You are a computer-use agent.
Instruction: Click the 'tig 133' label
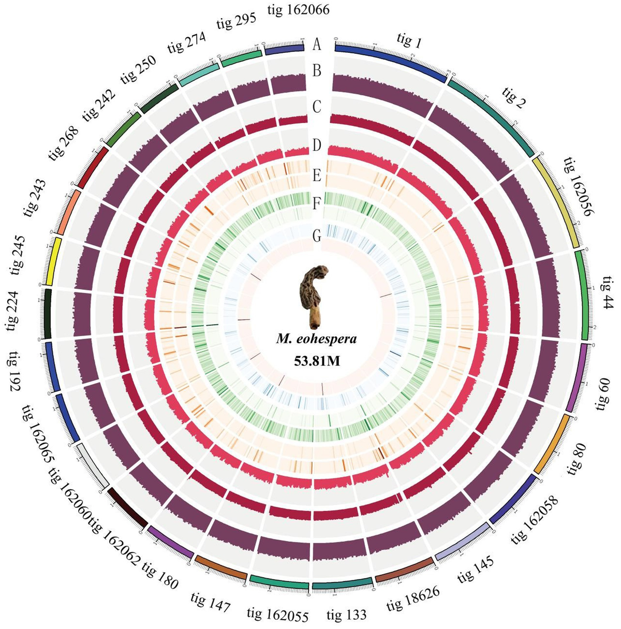pos(346,615)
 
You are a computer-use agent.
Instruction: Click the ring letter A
pos(317,45)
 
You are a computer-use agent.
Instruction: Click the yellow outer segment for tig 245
pos(54,261)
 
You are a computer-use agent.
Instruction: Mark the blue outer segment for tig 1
pos(391,59)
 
